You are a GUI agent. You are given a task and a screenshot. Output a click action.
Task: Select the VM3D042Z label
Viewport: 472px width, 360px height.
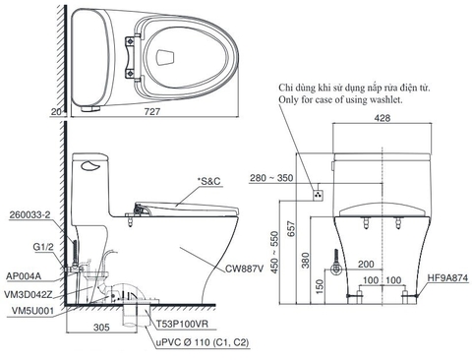coord(29,293)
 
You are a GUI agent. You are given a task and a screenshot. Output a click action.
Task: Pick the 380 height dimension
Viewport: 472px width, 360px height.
coord(308,259)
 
